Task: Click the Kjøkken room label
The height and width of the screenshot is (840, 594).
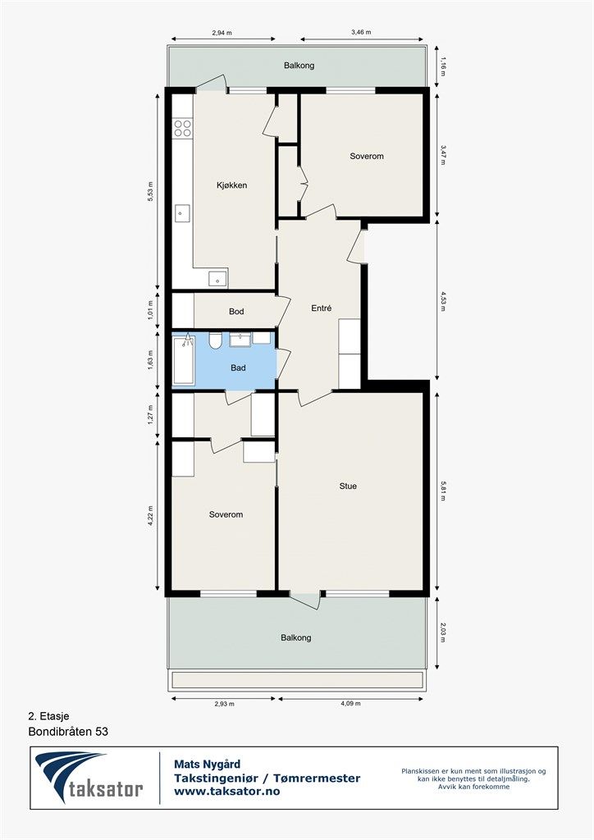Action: tap(231, 185)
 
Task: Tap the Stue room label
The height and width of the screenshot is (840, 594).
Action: tap(348, 486)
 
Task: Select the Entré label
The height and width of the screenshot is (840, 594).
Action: tap(321, 308)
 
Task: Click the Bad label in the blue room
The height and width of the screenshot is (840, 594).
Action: tap(238, 368)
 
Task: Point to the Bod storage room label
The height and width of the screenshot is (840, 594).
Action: tap(236, 312)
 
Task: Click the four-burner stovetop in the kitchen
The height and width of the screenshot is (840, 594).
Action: tap(182, 128)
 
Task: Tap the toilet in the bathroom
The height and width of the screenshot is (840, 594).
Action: tap(215, 340)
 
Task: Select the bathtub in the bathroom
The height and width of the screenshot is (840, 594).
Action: tap(184, 361)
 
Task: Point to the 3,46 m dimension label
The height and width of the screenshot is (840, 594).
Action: tap(360, 33)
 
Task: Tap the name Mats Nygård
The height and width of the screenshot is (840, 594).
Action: tap(207, 764)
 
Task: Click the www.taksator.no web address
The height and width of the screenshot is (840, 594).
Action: tap(227, 792)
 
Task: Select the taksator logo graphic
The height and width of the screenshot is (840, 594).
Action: tap(88, 777)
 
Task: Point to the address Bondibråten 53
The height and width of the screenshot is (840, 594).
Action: tap(68, 730)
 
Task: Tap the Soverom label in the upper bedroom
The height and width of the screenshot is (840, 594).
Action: tap(366, 156)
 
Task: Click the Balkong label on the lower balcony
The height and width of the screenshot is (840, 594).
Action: tap(296, 637)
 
